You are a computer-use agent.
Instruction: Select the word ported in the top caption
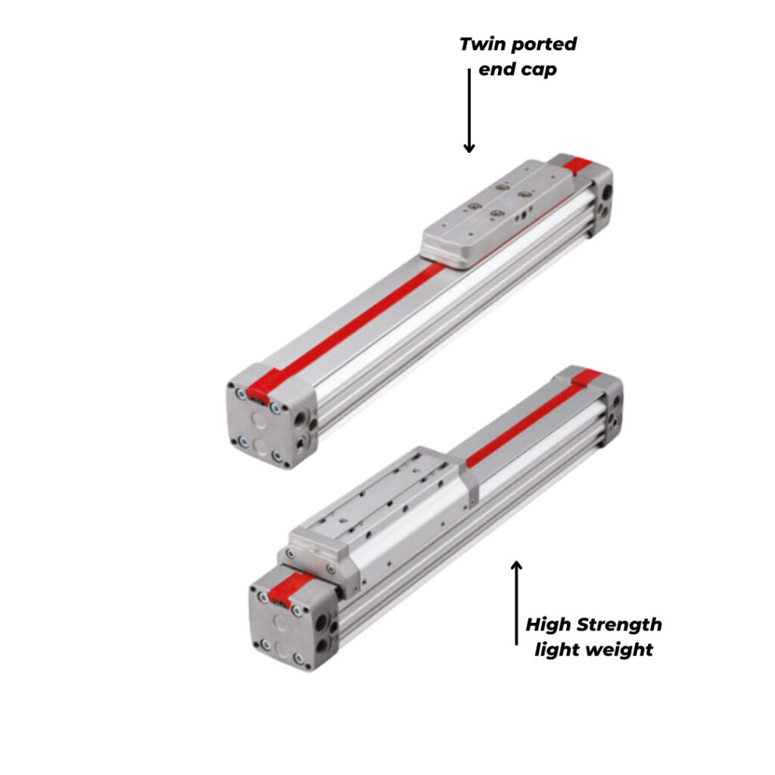tap(543, 44)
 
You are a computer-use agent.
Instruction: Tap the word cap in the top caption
tap(540, 70)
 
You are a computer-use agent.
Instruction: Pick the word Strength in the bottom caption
tap(619, 625)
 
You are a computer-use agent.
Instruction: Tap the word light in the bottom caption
tap(556, 650)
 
